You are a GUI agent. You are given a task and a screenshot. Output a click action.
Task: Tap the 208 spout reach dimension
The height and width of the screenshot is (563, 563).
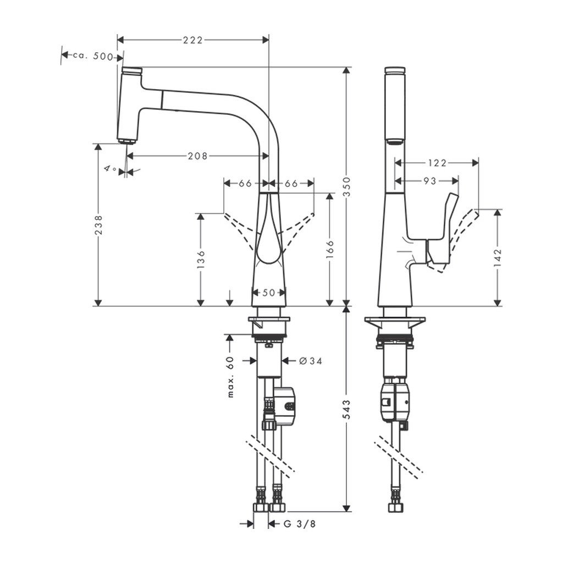[x=197, y=156]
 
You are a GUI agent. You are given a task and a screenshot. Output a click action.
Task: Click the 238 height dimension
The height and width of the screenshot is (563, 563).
[x=98, y=224]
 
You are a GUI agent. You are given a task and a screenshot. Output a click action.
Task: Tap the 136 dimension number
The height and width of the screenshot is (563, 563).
[x=201, y=258]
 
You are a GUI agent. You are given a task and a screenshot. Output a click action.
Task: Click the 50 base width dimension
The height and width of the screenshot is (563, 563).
[x=268, y=292]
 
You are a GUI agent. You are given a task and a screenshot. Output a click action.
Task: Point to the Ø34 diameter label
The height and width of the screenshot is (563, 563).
[x=310, y=361]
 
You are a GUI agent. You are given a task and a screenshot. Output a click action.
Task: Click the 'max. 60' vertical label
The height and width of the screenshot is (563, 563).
[x=230, y=376]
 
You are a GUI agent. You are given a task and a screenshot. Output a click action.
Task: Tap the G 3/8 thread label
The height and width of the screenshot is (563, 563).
[x=300, y=524]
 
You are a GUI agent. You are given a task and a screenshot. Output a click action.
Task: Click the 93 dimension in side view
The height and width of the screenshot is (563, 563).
[x=430, y=180]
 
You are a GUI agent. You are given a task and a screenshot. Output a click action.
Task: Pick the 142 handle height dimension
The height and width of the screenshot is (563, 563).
[x=498, y=257]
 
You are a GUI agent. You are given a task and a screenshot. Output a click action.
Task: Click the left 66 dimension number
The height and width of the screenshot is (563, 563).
[x=245, y=183]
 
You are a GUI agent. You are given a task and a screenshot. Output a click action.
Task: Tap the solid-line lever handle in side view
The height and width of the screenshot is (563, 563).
[x=443, y=231]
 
